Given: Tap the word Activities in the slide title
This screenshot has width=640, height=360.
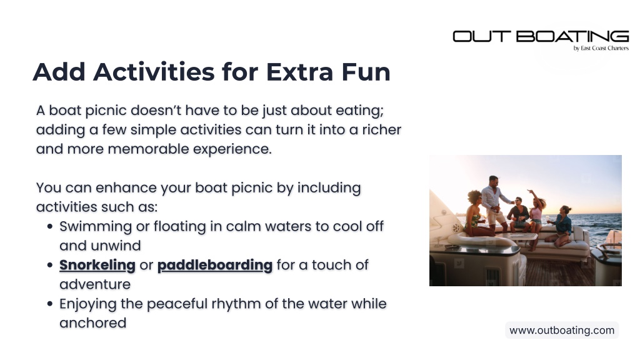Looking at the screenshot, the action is [154, 72].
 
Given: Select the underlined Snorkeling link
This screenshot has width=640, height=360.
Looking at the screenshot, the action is [97, 265].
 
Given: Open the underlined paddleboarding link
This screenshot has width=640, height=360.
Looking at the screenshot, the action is [215, 265].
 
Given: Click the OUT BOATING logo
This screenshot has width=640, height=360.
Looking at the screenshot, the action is [541, 36].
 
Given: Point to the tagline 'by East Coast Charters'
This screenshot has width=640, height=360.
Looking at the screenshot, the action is [601, 48].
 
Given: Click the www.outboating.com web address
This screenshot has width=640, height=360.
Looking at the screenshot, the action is [562, 330].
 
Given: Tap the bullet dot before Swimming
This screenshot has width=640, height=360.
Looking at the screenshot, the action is [50, 226].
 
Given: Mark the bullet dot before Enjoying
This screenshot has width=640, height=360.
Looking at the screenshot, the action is [50, 304].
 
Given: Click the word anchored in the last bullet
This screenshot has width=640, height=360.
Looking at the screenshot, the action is [93, 323].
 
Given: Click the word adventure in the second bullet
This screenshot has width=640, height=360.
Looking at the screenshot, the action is [95, 284].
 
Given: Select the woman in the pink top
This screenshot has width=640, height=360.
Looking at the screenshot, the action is [535, 217].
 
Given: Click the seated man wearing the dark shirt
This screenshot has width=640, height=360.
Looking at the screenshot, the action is [518, 213].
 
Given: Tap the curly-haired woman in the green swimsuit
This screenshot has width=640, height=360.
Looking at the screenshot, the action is [476, 214].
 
